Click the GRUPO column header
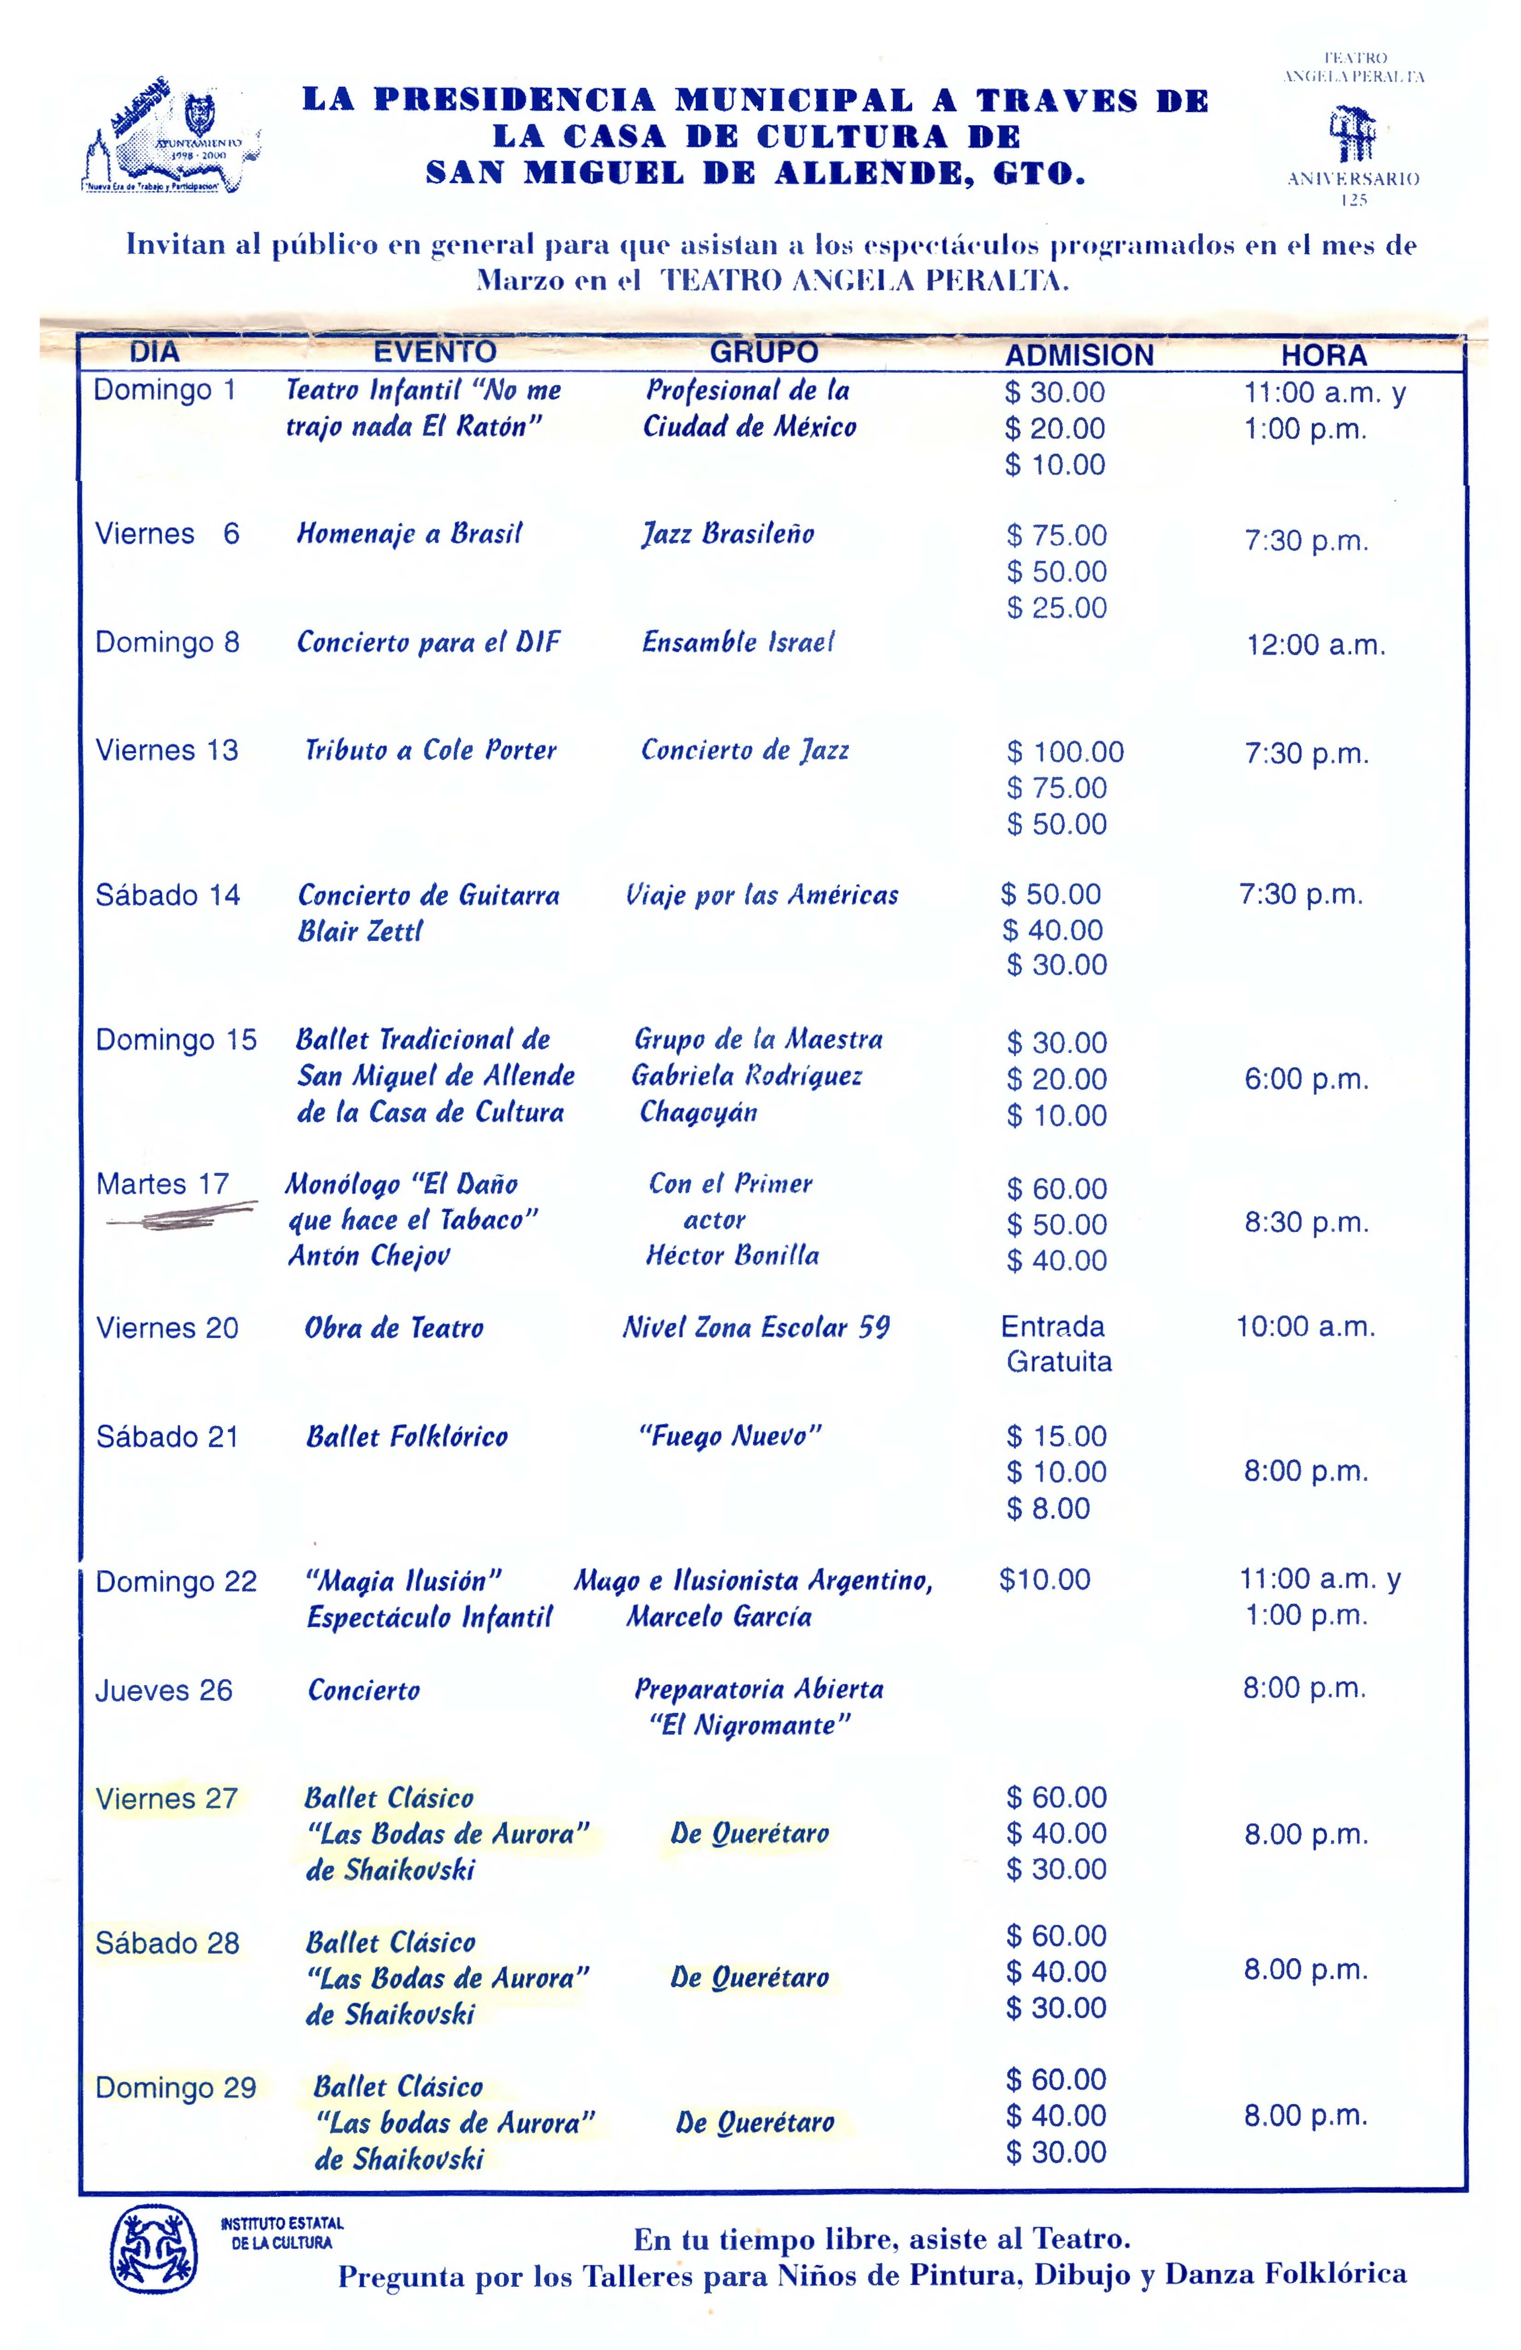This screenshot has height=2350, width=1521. pyautogui.click(x=763, y=352)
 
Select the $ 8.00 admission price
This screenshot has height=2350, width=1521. pyautogui.click(x=1048, y=1509)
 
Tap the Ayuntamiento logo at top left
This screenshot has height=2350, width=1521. pyautogui.click(x=173, y=138)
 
